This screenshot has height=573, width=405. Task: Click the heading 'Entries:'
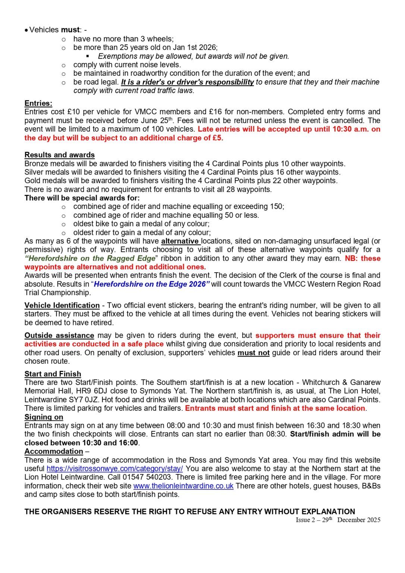click(x=38, y=103)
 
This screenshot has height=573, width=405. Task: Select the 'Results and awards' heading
click(x=60, y=155)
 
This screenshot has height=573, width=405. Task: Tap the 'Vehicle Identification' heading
click(x=62, y=306)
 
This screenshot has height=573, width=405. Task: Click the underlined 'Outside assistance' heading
click(x=59, y=335)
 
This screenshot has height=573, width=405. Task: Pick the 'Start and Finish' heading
click(x=53, y=374)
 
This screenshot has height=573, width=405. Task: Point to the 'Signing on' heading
click(x=44, y=417)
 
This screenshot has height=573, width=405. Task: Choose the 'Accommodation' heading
click(x=54, y=451)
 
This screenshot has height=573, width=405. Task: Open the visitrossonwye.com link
click(x=114, y=469)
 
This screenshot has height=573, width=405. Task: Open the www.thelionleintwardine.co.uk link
click(x=183, y=486)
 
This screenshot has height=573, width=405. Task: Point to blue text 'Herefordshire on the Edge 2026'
click(x=150, y=284)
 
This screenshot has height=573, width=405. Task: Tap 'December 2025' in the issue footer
click(x=358, y=520)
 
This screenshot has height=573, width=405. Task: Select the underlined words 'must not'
click(x=253, y=353)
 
